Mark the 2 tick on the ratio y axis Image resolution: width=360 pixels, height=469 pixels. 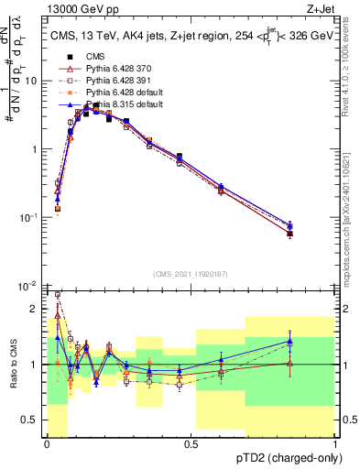tap(38, 309)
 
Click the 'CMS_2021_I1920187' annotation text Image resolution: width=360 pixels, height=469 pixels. tap(190, 273)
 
